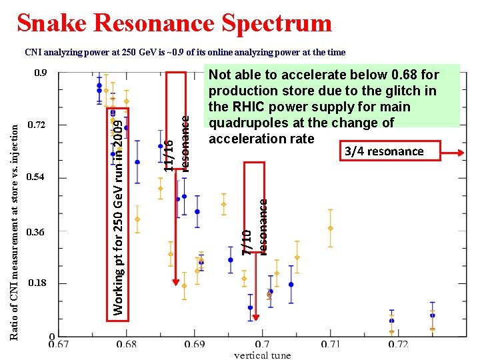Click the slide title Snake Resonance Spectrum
[x=174, y=23]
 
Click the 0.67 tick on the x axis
[x=59, y=344]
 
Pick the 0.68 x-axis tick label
[x=126, y=344]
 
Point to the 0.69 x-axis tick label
[x=194, y=344]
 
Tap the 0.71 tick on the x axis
[x=330, y=344]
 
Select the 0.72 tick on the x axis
[x=397, y=344]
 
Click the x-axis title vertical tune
[x=262, y=355]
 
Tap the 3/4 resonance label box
[x=384, y=151]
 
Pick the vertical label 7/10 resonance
[x=255, y=227]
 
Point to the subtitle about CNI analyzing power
[x=185, y=52]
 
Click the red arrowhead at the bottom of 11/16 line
[x=176, y=281]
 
